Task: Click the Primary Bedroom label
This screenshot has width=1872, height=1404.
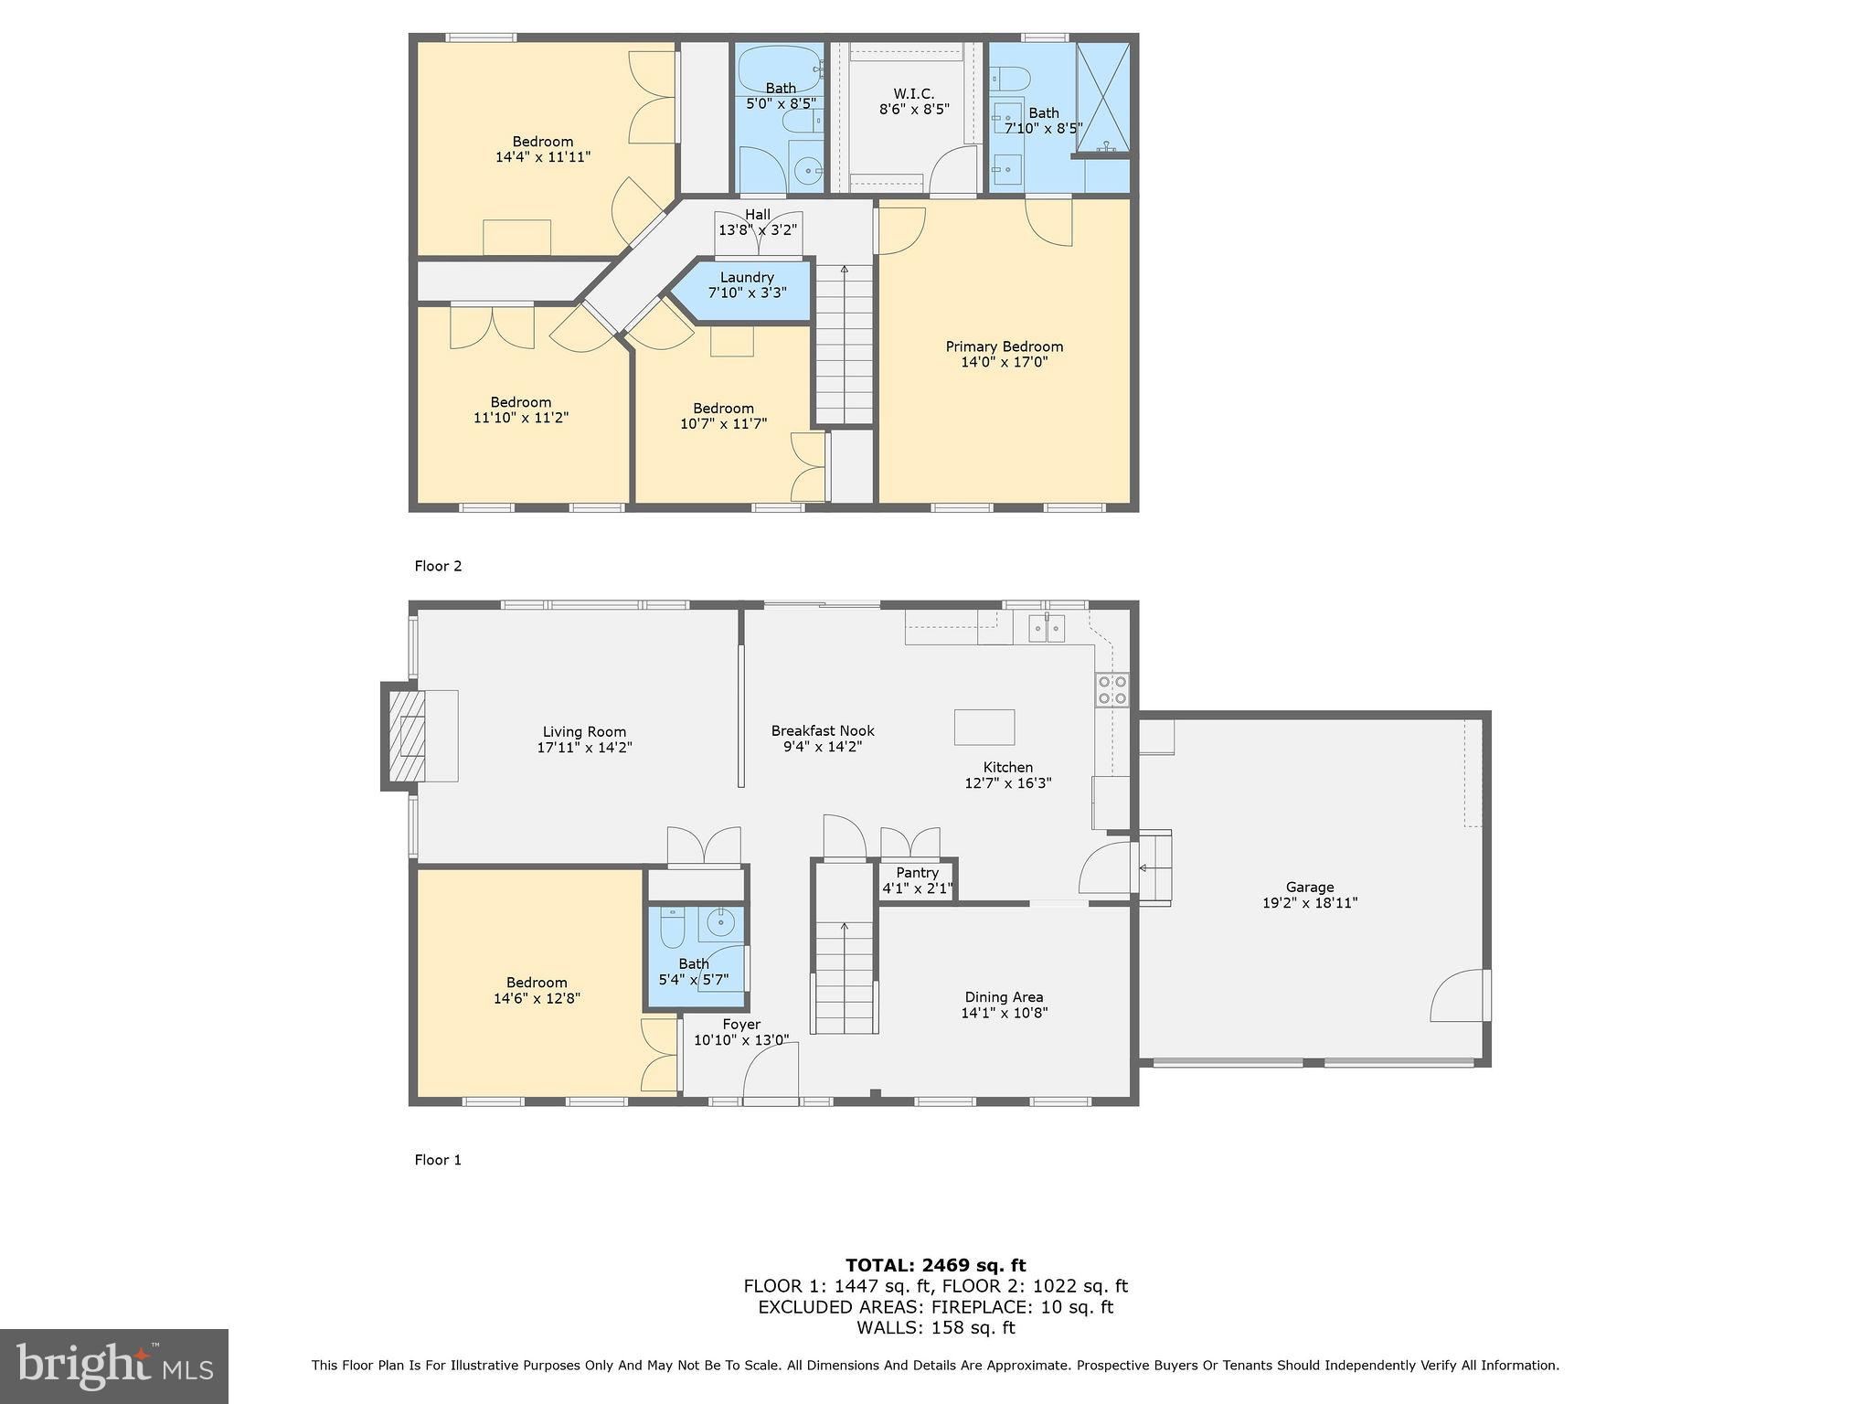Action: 1004,346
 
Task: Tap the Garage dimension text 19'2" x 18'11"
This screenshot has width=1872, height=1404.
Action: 1309,902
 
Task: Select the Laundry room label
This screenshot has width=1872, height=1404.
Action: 747,277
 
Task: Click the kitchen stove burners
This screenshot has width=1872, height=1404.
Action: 1111,689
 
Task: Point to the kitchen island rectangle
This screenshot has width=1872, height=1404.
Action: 984,727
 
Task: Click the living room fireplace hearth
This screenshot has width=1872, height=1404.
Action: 409,736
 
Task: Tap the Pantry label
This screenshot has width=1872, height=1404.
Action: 917,873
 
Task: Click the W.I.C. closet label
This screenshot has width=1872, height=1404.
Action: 913,93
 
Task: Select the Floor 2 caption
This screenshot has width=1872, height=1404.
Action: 438,566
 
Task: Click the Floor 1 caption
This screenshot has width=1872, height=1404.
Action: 438,1160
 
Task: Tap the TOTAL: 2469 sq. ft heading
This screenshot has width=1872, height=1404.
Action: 935,1265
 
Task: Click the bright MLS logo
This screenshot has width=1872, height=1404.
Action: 113,1366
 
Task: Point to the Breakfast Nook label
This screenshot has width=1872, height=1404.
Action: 823,730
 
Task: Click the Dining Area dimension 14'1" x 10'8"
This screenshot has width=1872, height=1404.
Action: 1004,1013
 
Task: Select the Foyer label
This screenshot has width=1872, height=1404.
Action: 740,1025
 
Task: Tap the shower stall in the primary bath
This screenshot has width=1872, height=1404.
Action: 1103,99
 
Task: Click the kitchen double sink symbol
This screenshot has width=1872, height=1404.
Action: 1047,628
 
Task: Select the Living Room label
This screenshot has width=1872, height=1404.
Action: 584,731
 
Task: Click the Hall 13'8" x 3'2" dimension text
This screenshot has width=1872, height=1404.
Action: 757,230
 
